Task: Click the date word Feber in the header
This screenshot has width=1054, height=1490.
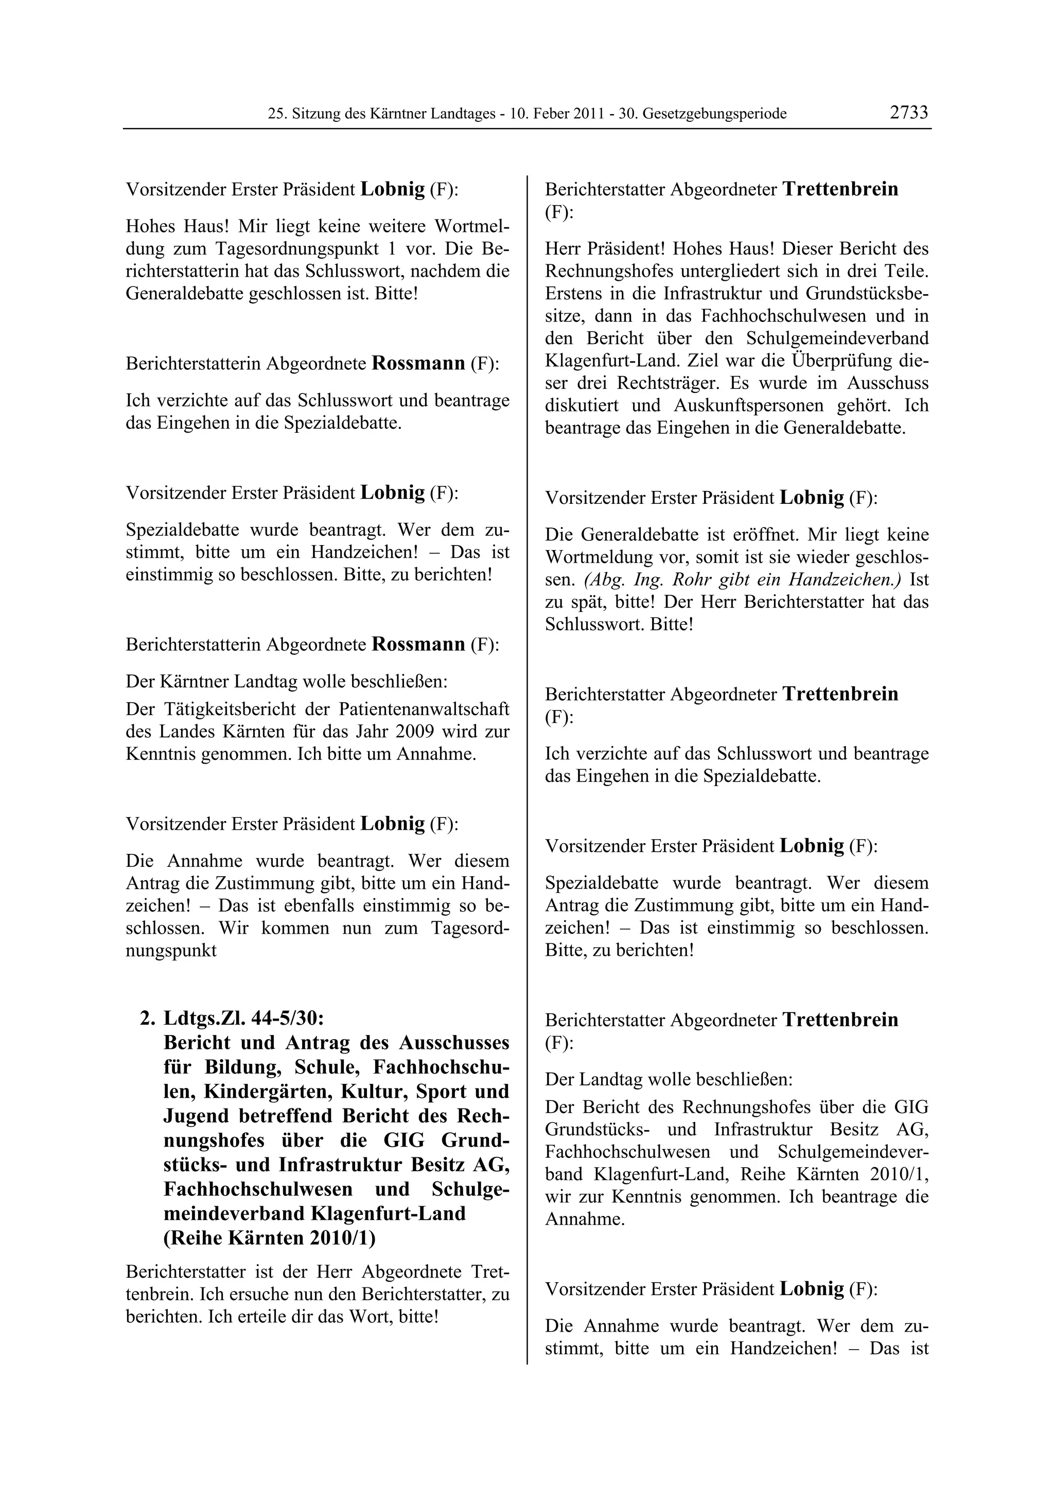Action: click(x=550, y=114)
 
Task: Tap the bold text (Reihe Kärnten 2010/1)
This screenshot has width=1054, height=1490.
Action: click(x=270, y=1238)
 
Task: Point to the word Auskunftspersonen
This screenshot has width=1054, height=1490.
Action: click(x=746, y=406)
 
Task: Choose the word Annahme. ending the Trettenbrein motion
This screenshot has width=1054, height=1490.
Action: click(x=585, y=1220)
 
